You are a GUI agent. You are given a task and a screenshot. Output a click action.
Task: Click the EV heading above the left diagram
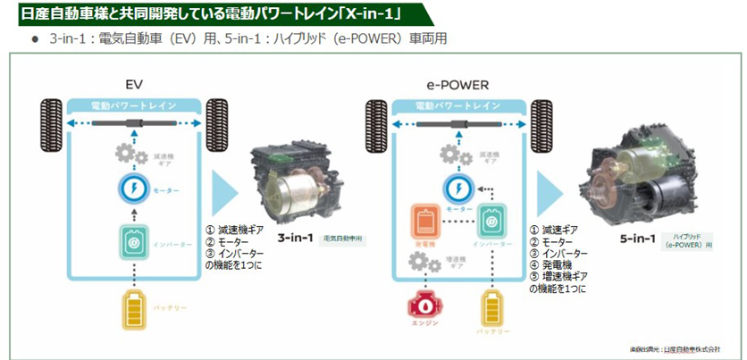[x=135, y=86]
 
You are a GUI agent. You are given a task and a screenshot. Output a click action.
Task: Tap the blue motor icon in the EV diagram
[x=133, y=190]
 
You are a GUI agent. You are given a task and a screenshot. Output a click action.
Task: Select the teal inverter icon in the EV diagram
[x=133, y=240]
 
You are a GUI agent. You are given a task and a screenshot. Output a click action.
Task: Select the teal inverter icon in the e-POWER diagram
[x=491, y=222]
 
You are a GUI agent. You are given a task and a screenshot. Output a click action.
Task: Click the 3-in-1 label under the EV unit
[x=293, y=239]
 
